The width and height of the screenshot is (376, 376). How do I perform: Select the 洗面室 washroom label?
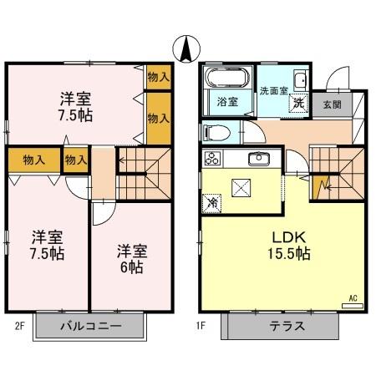(x=273, y=89)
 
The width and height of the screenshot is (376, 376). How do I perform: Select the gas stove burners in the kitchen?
(x=211, y=157)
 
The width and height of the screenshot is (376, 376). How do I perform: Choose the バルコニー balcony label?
(x=90, y=326)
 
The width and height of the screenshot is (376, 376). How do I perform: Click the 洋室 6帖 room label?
(x=130, y=258)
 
